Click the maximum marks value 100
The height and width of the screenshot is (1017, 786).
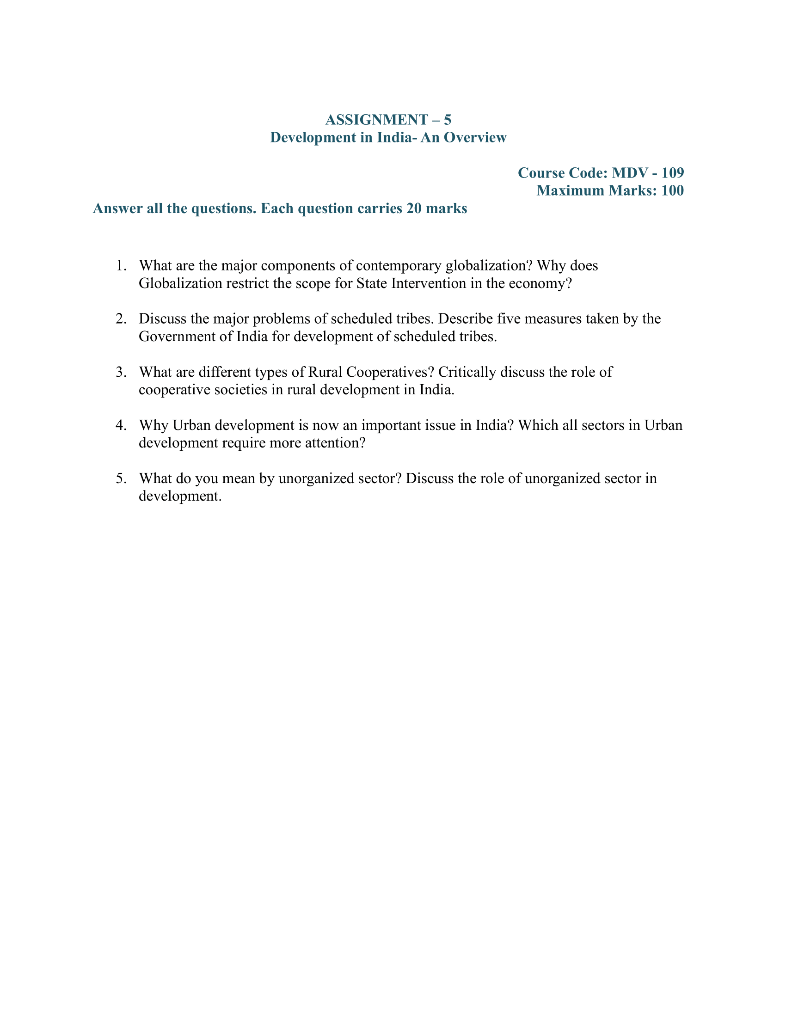(x=672, y=191)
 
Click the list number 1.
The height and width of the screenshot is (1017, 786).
(x=121, y=266)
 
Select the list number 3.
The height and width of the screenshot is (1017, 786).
(x=121, y=372)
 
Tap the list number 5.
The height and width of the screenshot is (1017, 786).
(x=121, y=479)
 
